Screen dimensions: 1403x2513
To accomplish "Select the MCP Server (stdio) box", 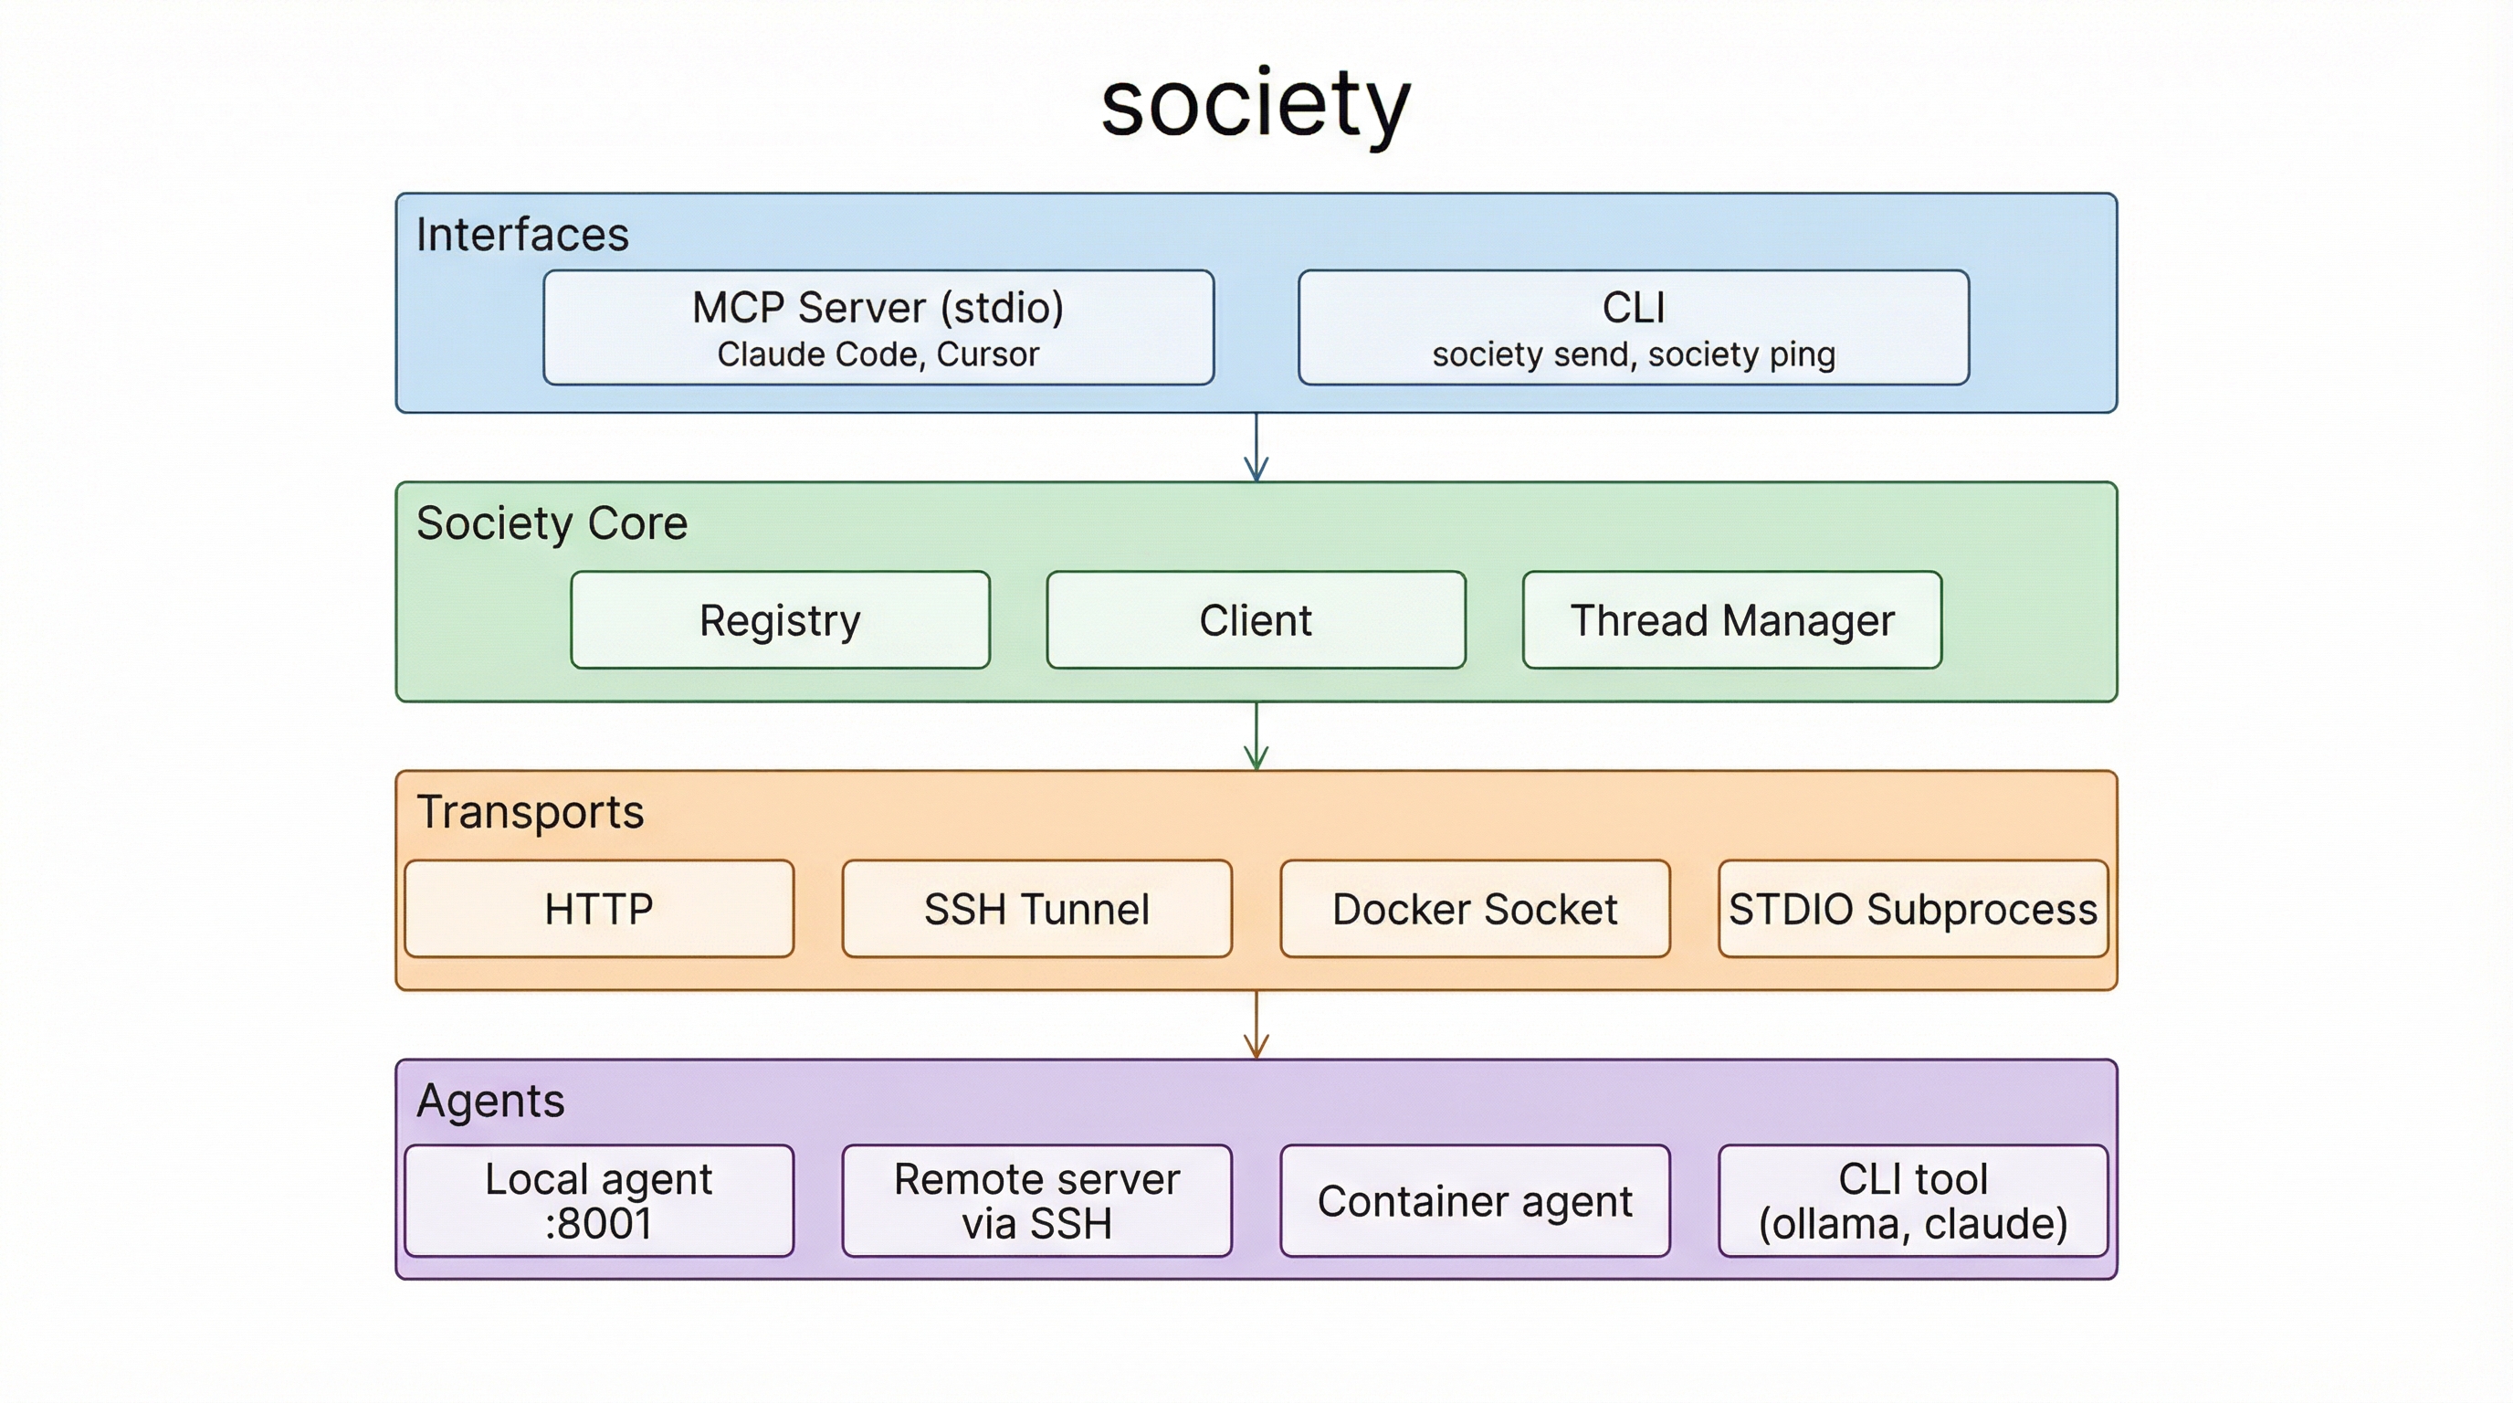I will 878,328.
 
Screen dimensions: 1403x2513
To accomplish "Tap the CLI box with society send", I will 1633,328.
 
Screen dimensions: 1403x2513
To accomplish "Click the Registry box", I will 780,620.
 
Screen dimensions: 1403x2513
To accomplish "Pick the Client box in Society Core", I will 1256,620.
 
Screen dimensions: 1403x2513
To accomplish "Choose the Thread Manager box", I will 1731,620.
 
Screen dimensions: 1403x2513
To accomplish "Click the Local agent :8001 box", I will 599,1201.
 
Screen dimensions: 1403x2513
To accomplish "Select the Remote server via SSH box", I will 1037,1201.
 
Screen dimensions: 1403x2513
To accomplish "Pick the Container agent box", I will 1475,1201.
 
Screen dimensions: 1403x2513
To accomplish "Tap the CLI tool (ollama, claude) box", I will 1913,1201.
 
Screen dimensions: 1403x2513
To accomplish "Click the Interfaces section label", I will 522,235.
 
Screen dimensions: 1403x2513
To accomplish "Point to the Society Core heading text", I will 552,524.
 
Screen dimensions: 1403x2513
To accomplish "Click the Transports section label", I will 530,813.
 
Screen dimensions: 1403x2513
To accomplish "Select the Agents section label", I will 489,1102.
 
